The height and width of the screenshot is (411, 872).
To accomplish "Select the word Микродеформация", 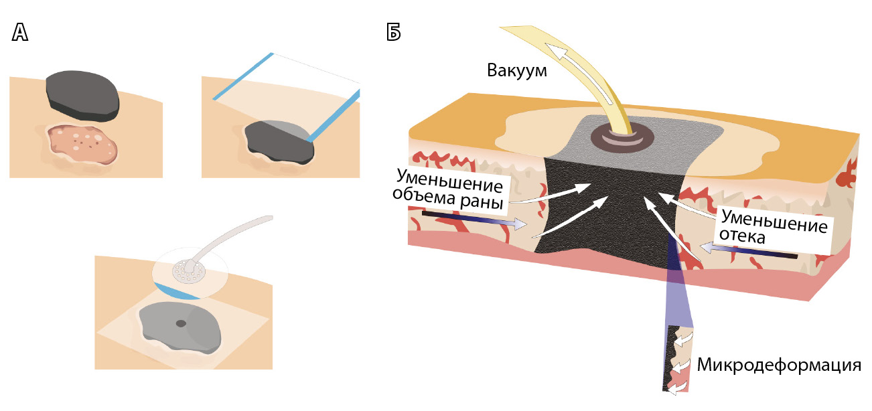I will [x=778, y=366].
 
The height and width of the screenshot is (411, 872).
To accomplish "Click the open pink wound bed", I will [x=84, y=145].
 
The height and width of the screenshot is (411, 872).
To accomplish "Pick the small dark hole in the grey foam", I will [x=181, y=324].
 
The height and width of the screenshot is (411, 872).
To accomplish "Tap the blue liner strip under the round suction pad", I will [x=178, y=291].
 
